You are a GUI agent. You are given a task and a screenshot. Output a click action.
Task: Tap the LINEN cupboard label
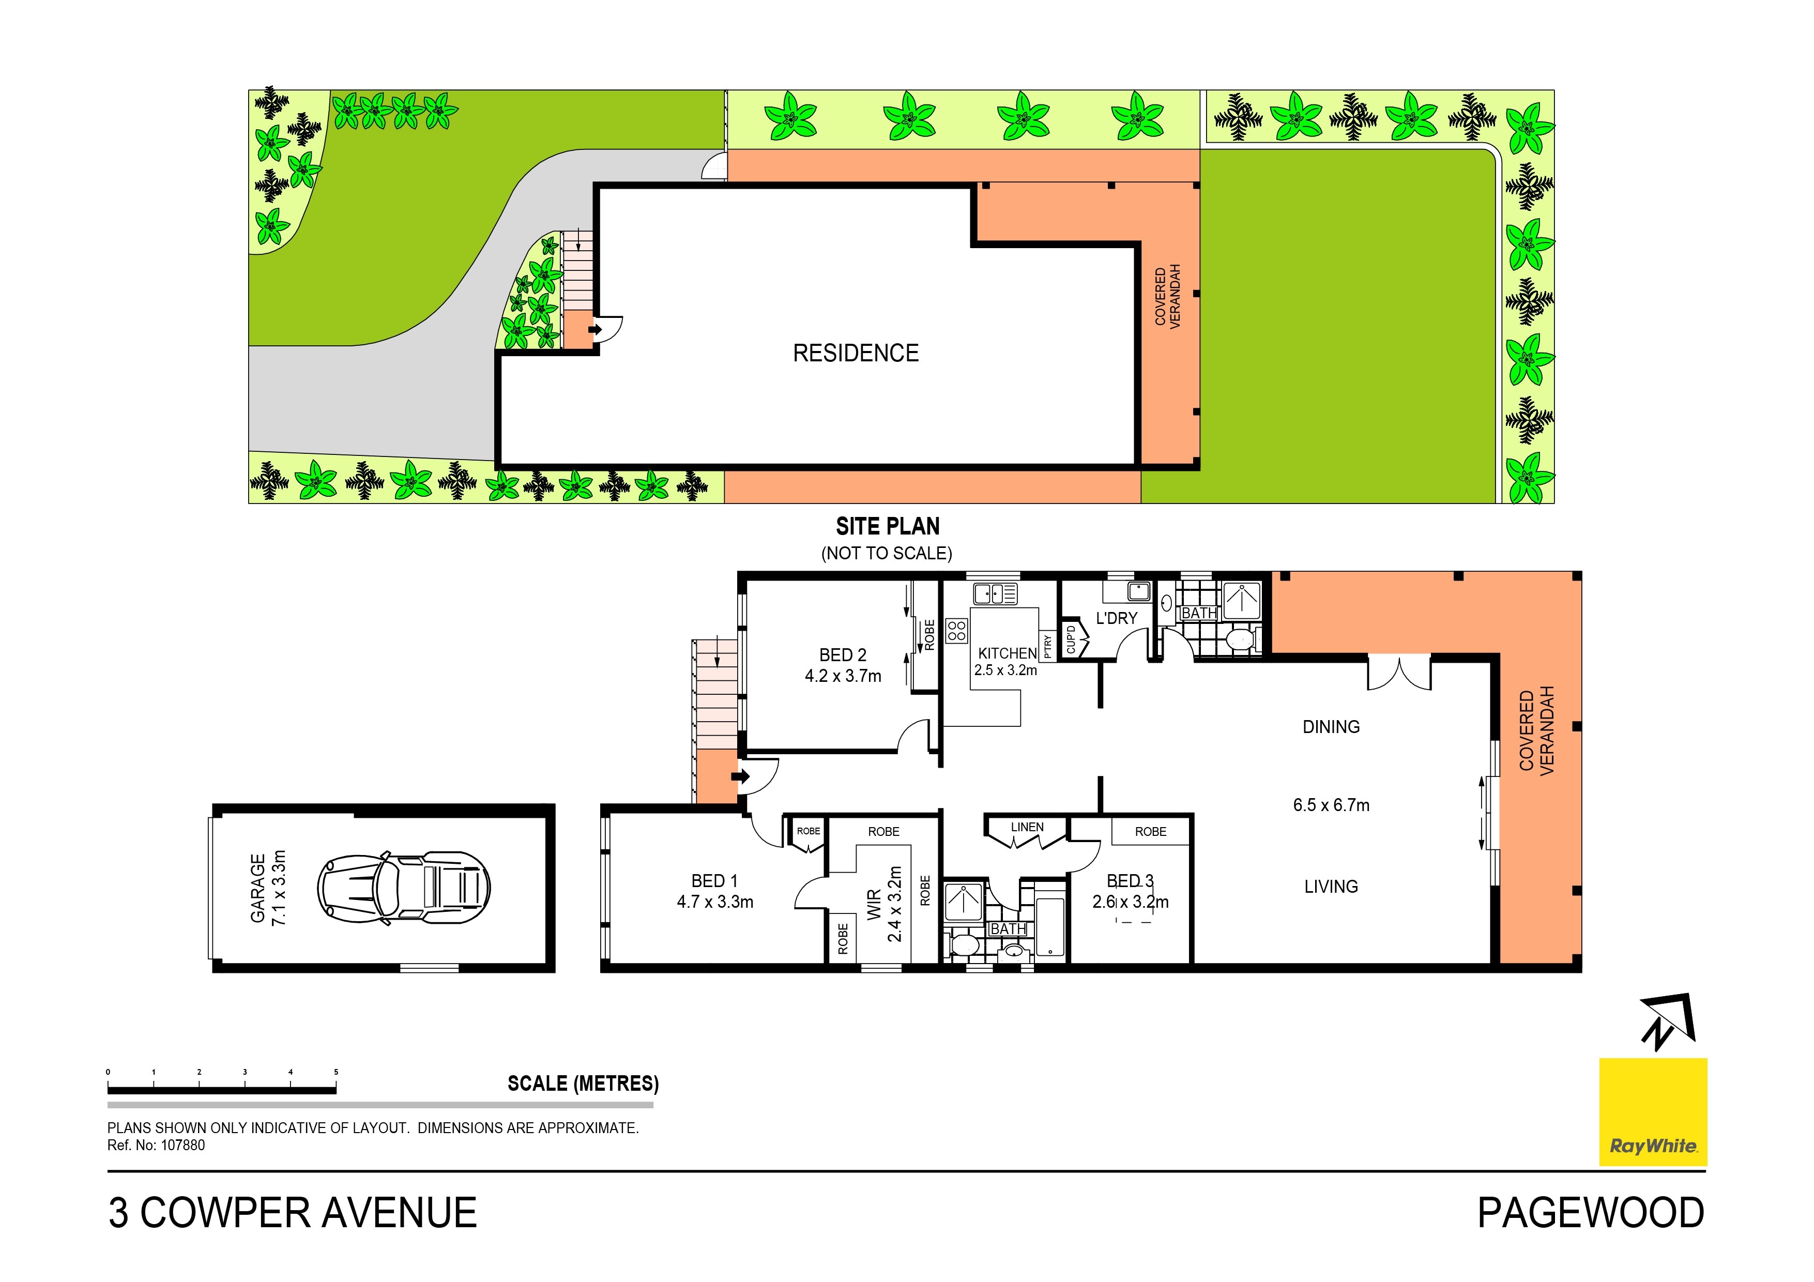click(1027, 827)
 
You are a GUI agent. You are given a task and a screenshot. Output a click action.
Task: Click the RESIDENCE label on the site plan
click(856, 353)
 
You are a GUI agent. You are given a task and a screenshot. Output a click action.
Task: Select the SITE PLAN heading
click(887, 526)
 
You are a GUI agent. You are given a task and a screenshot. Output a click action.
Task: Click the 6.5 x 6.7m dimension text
click(1331, 805)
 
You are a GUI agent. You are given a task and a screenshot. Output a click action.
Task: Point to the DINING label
click(1331, 727)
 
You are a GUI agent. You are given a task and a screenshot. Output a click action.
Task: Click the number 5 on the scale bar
click(336, 1072)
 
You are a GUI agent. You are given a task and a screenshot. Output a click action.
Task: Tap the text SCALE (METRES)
click(582, 1083)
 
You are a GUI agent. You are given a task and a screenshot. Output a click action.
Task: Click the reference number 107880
click(182, 1146)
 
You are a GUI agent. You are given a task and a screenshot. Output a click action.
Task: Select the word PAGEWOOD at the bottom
click(1590, 1213)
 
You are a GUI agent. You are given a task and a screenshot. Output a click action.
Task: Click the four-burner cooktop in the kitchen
click(956, 630)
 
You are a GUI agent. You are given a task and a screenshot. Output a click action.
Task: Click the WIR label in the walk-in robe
click(874, 905)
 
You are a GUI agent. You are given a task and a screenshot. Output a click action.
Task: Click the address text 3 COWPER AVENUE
click(292, 1213)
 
